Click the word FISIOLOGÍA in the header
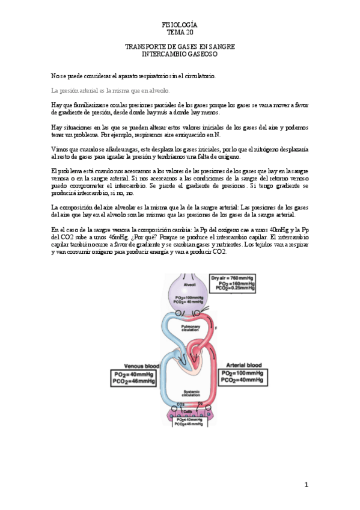pyautogui.click(x=180, y=25)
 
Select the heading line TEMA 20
pyautogui.click(x=180, y=32)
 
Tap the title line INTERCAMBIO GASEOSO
pyautogui.click(x=180, y=54)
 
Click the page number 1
pyautogui.click(x=306, y=485)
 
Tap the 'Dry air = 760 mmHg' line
pyautogui.click(x=233, y=277)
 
